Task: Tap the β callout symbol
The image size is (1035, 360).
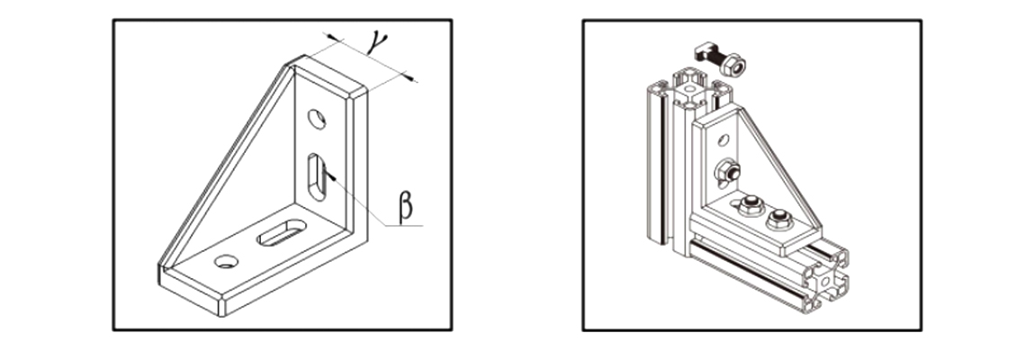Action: pos(405,206)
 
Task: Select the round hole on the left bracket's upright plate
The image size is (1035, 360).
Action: pos(317,119)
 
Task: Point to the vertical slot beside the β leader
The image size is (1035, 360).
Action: pos(317,176)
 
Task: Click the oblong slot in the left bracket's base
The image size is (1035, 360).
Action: pos(282,232)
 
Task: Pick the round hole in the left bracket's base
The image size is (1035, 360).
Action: pos(227,262)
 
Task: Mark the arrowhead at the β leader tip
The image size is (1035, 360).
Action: pos(330,175)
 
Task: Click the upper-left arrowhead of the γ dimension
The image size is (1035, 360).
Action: pos(335,38)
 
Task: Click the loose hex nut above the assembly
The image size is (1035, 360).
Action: pos(733,65)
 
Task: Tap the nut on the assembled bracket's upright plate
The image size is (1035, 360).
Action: pos(727,172)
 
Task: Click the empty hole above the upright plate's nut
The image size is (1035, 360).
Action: pos(724,139)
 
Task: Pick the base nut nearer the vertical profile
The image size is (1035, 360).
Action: pos(751,205)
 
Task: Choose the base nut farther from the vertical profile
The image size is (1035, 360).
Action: pos(780,220)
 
